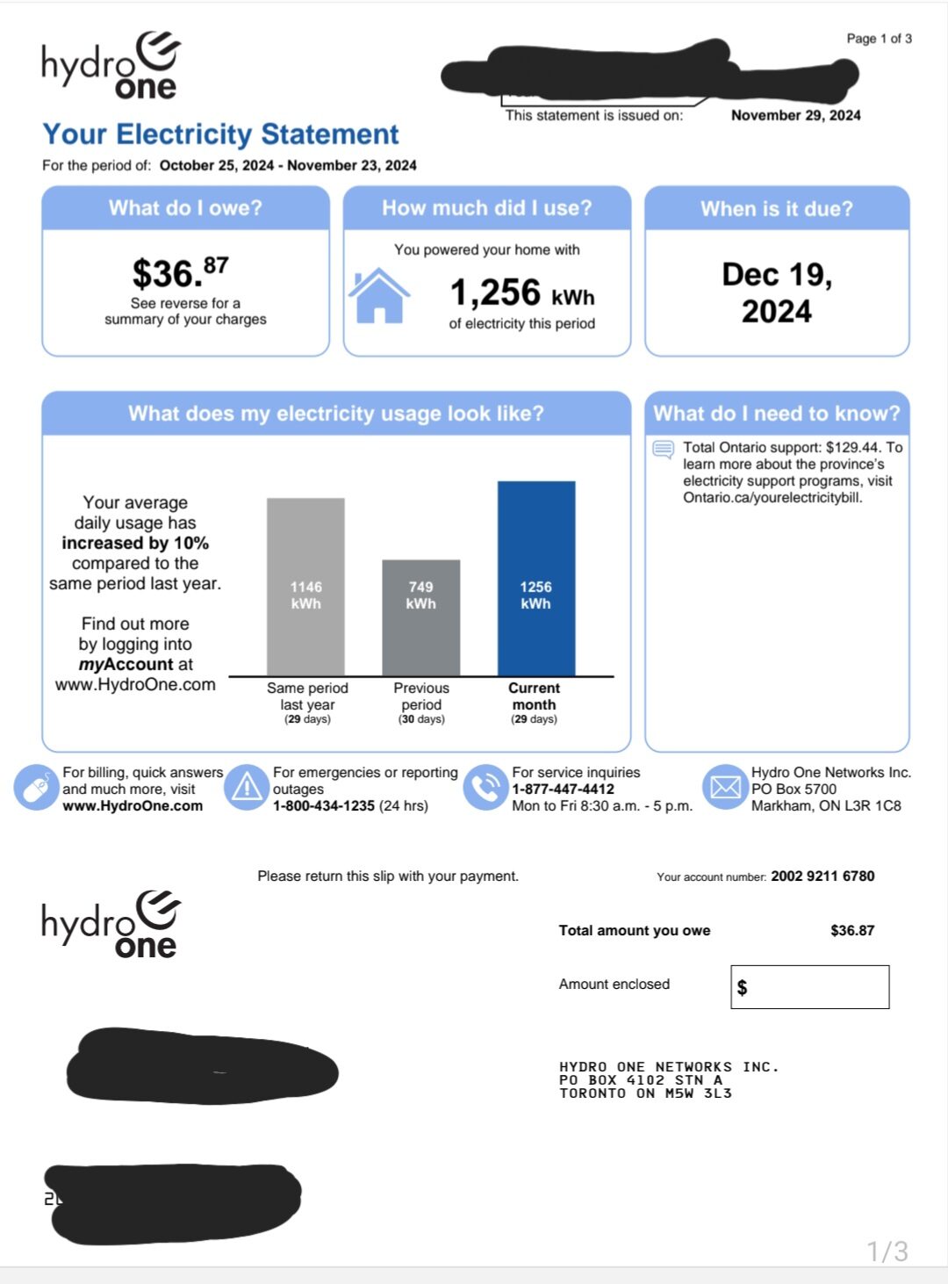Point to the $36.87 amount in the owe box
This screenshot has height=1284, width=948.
tap(180, 272)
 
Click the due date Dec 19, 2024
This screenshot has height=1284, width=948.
tap(777, 292)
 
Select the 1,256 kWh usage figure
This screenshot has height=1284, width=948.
tap(521, 292)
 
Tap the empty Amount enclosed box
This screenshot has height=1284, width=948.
tap(809, 987)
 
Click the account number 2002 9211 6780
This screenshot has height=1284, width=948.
tap(822, 876)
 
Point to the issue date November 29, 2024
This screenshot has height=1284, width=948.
tap(795, 115)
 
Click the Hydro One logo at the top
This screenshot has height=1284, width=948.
tap(111, 66)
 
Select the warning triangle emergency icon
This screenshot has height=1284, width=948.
tap(247, 787)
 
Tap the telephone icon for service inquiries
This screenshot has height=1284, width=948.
tap(485, 787)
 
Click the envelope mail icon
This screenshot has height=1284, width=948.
tap(725, 787)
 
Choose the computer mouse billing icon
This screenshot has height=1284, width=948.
tap(36, 788)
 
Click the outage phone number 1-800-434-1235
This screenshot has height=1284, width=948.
tap(324, 805)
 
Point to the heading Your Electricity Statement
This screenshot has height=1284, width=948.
tap(220, 134)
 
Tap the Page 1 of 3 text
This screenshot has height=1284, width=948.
tap(879, 39)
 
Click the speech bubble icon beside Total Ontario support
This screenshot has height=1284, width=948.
tap(663, 450)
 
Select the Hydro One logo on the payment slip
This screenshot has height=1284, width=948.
tap(111, 925)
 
